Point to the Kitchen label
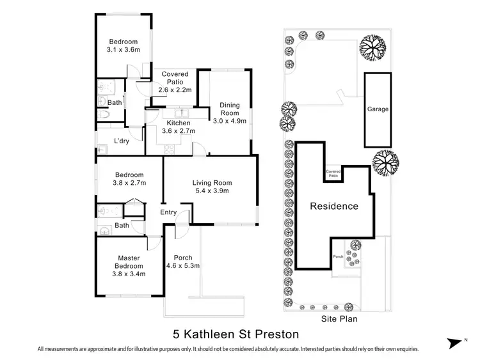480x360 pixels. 179,123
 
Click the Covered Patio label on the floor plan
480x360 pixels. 173,78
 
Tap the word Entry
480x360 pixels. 168,213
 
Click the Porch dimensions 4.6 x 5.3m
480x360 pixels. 184,265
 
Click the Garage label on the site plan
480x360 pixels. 378,109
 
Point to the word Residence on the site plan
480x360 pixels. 334,207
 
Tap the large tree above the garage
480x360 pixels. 372,45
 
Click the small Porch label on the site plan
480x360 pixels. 338,257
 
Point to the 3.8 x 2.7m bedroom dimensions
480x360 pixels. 131,183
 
